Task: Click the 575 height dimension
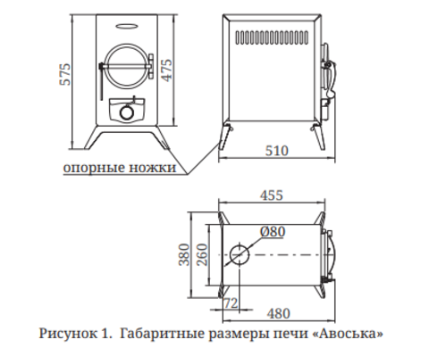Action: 65,74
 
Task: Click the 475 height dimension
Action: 167,70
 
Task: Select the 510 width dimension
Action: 277,151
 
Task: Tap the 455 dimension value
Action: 272,195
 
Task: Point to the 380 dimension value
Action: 184,254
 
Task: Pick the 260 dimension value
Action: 202,254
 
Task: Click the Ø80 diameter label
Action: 273,232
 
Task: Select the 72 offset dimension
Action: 231,303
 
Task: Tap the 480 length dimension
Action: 278,314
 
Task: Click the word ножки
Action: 153,167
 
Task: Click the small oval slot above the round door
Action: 127,26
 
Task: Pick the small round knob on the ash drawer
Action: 127,112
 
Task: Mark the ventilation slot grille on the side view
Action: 272,37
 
